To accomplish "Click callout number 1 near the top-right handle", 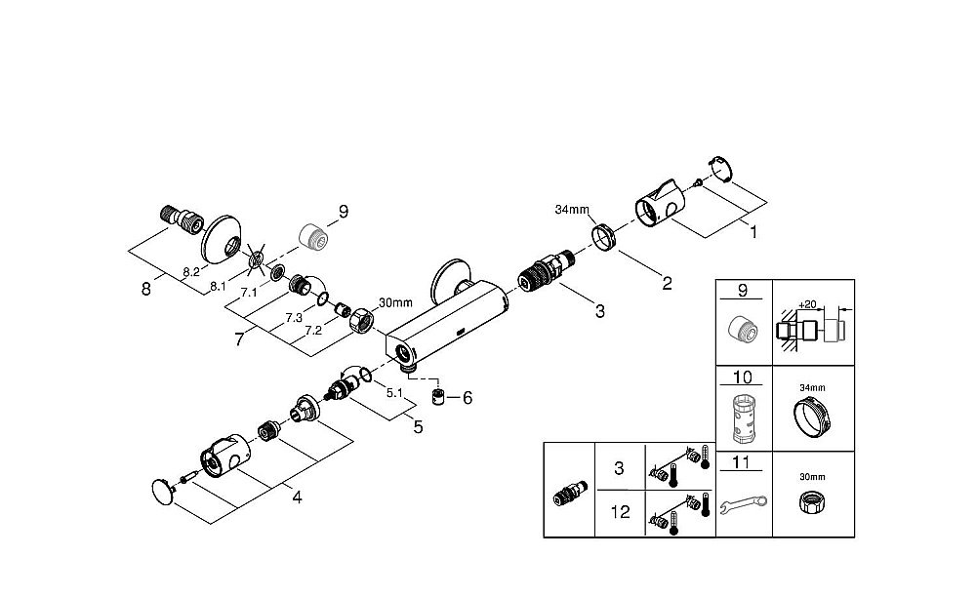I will click(x=752, y=233).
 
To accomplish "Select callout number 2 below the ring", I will click(x=667, y=284).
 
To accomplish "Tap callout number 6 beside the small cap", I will click(x=468, y=397).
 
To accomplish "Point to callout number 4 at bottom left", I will click(x=297, y=497).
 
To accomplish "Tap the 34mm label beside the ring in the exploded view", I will click(x=572, y=210).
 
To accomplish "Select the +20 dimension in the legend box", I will click(x=808, y=304).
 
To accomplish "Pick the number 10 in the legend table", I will click(x=742, y=376).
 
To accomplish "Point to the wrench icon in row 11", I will click(x=743, y=504).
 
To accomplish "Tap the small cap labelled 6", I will click(x=439, y=397).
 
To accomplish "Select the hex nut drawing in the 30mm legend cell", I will click(x=812, y=505).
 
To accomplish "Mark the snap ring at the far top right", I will click(x=719, y=168).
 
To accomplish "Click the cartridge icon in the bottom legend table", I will click(x=569, y=490).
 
